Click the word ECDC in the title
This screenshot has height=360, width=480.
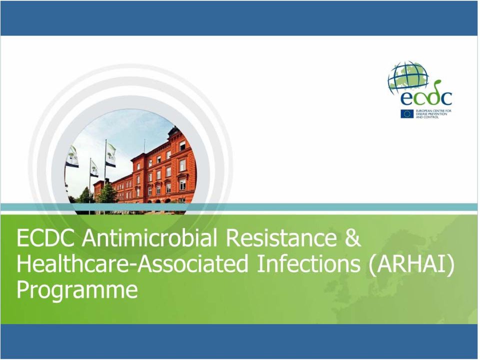coord(45,238)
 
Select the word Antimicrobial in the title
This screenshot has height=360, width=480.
coord(149,238)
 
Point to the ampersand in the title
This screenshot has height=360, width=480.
coord(353,238)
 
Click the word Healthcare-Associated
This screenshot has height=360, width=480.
coord(132,264)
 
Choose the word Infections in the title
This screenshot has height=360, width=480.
coord(308,264)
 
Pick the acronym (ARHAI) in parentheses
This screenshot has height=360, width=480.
coord(411,264)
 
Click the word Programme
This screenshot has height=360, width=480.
coord(77,290)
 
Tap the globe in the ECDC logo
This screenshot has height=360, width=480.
coord(408,76)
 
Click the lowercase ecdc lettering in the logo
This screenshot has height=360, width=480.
coord(426,97)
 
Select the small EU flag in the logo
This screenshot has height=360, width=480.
coord(407,114)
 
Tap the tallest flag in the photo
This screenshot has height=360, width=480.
coord(110,155)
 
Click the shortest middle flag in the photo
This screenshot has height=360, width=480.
coord(94,169)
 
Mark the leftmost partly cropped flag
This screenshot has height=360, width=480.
coord(72,156)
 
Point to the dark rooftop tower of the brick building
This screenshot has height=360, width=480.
coord(173,132)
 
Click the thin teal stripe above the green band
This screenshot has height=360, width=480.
coord(239,207)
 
